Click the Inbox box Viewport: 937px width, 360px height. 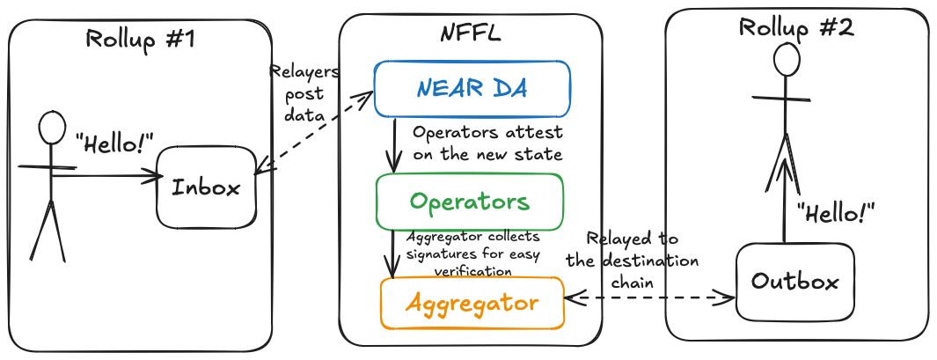pyautogui.click(x=205, y=187)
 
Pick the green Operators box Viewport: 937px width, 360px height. pyautogui.click(x=468, y=202)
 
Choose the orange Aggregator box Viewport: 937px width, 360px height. pyautogui.click(x=472, y=304)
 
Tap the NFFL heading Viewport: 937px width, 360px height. pyautogui.click(x=472, y=36)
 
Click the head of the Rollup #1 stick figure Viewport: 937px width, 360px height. pyautogui.click(x=52, y=130)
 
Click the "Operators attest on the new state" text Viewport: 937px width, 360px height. pyautogui.click(x=487, y=143)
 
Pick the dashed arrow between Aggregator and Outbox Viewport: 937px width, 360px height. pyautogui.click(x=649, y=298)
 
